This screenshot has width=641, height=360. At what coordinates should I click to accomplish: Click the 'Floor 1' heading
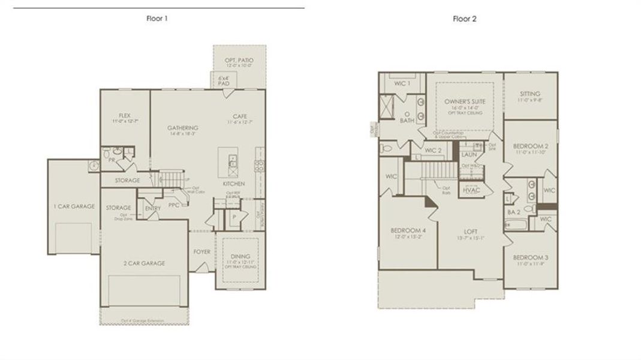[157, 19]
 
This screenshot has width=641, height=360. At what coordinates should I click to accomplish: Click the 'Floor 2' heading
[465, 19]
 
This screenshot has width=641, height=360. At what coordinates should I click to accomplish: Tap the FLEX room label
[125, 115]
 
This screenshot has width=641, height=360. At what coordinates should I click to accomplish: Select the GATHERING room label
[183, 128]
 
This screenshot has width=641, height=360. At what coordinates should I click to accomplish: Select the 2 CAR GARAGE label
[145, 263]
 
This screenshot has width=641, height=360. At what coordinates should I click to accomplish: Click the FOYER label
[202, 251]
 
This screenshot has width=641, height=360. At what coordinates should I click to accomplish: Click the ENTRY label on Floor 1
[153, 208]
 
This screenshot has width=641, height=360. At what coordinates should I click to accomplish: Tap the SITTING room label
[530, 94]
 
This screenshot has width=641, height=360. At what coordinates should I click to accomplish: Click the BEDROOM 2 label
[531, 146]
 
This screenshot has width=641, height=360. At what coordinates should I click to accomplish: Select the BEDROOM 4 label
[408, 230]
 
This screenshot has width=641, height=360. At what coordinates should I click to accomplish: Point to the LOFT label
[471, 231]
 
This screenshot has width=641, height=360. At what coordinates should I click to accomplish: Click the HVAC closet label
[471, 190]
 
